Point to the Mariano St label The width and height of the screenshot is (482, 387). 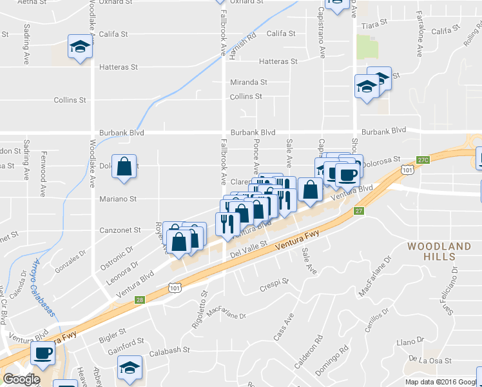click(118, 200)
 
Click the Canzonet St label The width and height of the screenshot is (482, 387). click(120, 230)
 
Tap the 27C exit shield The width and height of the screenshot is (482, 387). click(423, 159)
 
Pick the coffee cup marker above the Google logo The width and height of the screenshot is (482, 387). click(43, 353)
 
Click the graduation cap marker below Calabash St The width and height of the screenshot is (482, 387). click(130, 368)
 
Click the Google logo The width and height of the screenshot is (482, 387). click(21, 379)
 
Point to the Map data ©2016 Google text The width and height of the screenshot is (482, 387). click(442, 382)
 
